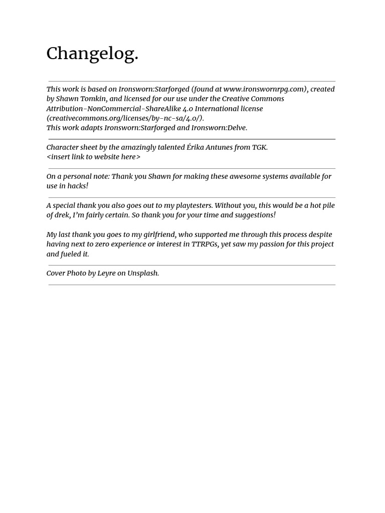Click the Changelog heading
(92, 54)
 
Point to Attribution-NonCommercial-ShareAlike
(119, 109)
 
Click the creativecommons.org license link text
(125, 118)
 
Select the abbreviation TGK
(259, 147)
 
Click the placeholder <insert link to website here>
(93, 157)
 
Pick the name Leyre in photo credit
(106, 274)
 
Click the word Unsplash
(143, 274)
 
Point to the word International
(218, 109)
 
